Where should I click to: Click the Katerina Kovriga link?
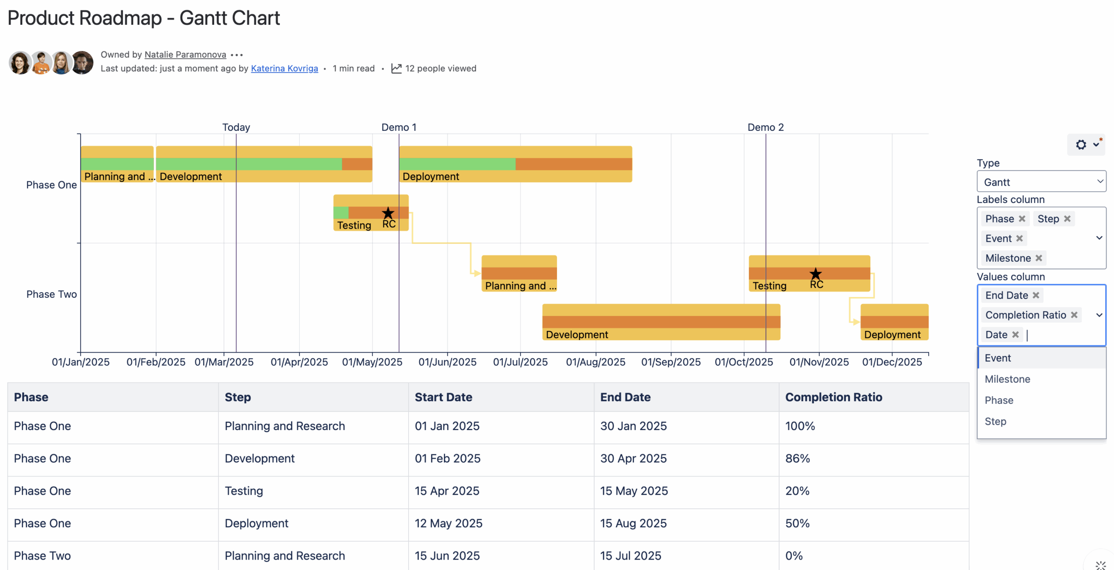pos(284,68)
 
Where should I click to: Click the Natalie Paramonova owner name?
pos(185,54)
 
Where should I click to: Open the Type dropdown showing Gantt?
pos(1040,182)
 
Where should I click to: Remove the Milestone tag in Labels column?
pos(1039,258)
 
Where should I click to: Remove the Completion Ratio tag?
pos(1074,315)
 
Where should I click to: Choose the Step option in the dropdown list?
pos(995,421)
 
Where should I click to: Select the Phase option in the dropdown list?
pos(999,400)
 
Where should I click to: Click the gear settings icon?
pos(1081,144)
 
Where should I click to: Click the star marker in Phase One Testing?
pos(388,213)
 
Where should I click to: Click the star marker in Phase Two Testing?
pos(815,273)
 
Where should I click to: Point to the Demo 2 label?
pos(765,127)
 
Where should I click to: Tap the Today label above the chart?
pos(236,127)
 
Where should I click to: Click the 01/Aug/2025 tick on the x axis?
pos(595,362)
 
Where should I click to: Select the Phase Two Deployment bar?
pos(894,322)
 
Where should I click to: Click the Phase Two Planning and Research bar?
pos(519,273)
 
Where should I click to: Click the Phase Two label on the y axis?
pos(51,294)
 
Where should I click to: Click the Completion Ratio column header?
pos(833,397)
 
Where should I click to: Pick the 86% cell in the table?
pos(797,458)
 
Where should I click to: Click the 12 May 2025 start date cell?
pos(448,523)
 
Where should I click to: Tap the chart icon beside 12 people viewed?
pos(396,68)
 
